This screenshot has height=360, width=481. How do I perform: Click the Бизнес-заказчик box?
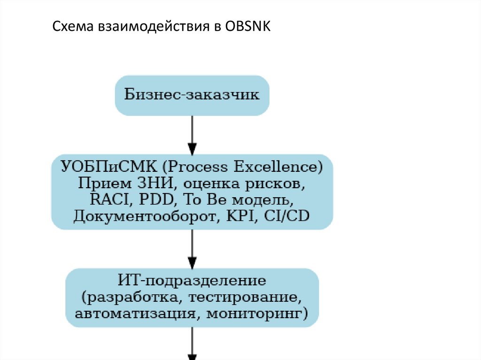(x=192, y=95)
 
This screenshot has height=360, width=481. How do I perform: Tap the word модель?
(x=264, y=200)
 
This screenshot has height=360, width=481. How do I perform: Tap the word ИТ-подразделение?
(x=192, y=281)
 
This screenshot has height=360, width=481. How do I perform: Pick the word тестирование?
(x=252, y=297)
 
